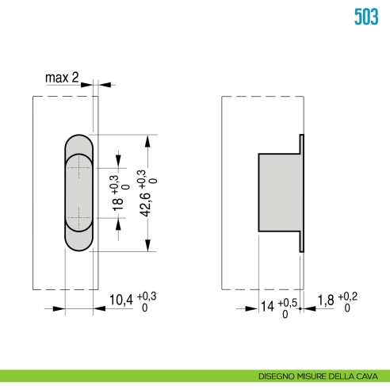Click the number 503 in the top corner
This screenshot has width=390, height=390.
(x=365, y=17)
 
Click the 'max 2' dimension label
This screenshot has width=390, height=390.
(x=61, y=78)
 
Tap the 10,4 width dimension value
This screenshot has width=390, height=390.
(x=120, y=301)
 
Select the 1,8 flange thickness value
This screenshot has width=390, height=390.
(x=325, y=301)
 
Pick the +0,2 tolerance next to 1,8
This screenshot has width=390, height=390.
(x=347, y=296)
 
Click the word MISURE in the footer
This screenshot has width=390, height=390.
(x=313, y=376)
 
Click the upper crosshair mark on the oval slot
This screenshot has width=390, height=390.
(x=78, y=166)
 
